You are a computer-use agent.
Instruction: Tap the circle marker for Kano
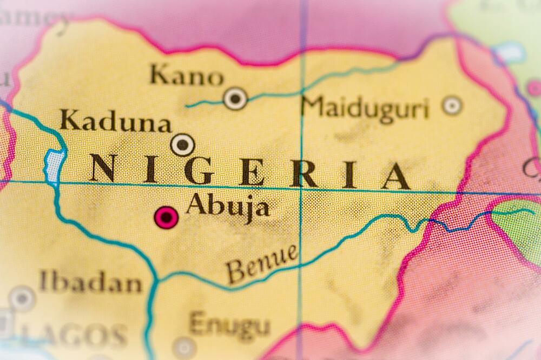point(235,98)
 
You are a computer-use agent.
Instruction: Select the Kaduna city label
point(115,121)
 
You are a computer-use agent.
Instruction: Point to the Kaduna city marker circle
point(182,145)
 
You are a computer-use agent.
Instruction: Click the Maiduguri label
point(365,108)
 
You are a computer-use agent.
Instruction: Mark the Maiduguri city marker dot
point(452,105)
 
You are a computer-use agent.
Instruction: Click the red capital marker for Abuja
point(166,217)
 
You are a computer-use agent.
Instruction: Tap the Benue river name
point(262,263)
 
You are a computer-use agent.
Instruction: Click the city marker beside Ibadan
point(22,298)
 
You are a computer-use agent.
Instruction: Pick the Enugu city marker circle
point(184,348)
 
